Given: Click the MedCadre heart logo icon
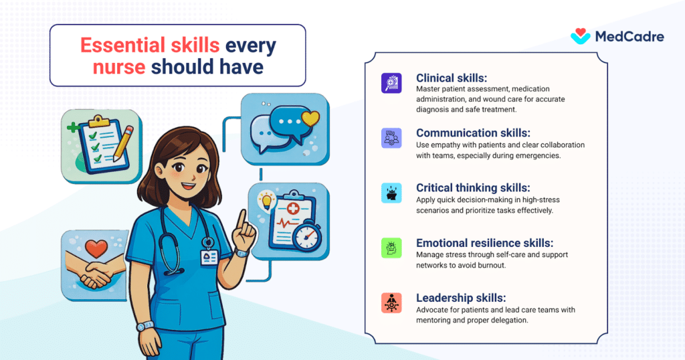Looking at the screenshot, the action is (580, 36).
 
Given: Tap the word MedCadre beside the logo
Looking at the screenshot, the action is (629, 37).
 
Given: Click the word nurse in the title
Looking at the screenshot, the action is (119, 67).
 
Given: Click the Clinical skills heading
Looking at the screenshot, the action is (452, 78).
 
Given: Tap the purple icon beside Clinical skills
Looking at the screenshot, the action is (391, 83).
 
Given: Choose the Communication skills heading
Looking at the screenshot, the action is (473, 132).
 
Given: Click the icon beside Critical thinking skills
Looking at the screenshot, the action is (391, 193).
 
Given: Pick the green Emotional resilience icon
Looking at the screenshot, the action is (391, 248).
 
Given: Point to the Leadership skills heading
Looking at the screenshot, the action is (461, 298).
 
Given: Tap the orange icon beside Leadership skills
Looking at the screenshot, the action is (391, 303).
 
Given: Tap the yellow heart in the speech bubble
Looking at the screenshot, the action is (310, 118).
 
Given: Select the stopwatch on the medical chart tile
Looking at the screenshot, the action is (307, 236).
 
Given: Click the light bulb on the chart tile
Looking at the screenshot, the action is (266, 201).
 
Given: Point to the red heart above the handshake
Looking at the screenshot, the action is (96, 249).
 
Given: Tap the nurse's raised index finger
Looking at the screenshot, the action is (241, 219).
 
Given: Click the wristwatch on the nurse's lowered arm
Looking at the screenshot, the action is (145, 327).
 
